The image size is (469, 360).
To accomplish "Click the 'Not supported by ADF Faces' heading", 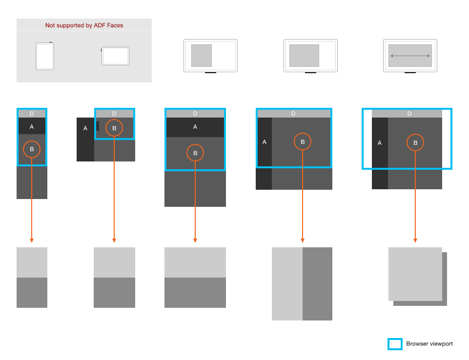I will click(84, 25).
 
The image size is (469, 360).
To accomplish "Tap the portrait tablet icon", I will click(45, 56).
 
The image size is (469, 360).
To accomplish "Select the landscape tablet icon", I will click(115, 56).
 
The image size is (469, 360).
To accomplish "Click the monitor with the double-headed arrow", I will click(410, 56).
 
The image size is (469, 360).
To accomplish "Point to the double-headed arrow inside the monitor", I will click(410, 56).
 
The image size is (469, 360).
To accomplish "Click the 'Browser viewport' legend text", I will click(429, 344).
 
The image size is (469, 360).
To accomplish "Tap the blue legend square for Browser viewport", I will click(395, 344).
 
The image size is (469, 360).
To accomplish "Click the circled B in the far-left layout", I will click(32, 149).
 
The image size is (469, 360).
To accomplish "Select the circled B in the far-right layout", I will click(415, 143).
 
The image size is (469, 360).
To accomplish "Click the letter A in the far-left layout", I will click(32, 126).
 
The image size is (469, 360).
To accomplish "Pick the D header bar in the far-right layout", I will click(409, 114).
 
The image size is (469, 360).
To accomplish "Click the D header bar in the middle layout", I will click(195, 114).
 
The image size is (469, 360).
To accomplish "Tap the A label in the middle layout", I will click(195, 127).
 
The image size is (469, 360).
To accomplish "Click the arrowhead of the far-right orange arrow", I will click(415, 240).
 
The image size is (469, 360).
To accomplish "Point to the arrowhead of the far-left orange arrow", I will click(32, 240).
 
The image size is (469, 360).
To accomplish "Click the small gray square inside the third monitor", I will click(201, 56).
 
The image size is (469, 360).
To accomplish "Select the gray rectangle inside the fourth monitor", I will click(304, 56).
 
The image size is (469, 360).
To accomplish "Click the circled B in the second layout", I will click(114, 128).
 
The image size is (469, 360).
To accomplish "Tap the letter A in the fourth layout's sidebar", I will click(265, 142).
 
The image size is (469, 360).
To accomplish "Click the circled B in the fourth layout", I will click(303, 142).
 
